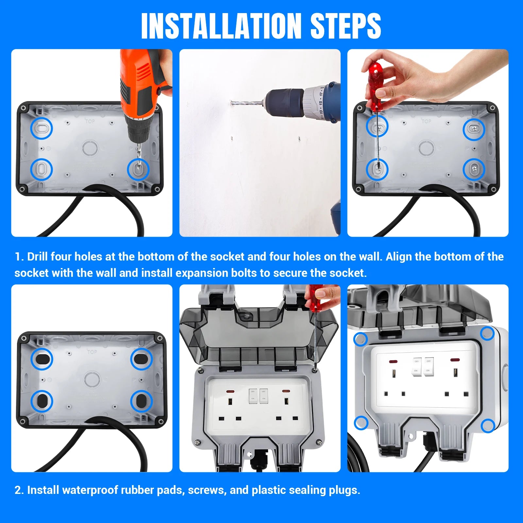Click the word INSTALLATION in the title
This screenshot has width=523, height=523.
click(221, 26)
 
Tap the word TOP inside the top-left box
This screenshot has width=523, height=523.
click(90, 121)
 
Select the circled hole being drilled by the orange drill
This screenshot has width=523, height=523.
click(138, 169)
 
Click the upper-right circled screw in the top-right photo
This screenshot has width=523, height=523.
click(474, 129)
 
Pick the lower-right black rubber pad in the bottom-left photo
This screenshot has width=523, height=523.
click(141, 401)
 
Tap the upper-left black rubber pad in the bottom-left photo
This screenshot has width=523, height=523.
click(42, 359)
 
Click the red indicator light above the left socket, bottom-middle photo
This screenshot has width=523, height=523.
click(230, 391)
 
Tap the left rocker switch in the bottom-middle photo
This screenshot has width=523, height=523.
click(253, 396)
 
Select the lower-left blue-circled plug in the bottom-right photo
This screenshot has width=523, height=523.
click(361, 423)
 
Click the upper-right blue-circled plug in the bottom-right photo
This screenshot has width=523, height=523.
click(487, 333)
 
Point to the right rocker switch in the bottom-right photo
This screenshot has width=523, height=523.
click(429, 367)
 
